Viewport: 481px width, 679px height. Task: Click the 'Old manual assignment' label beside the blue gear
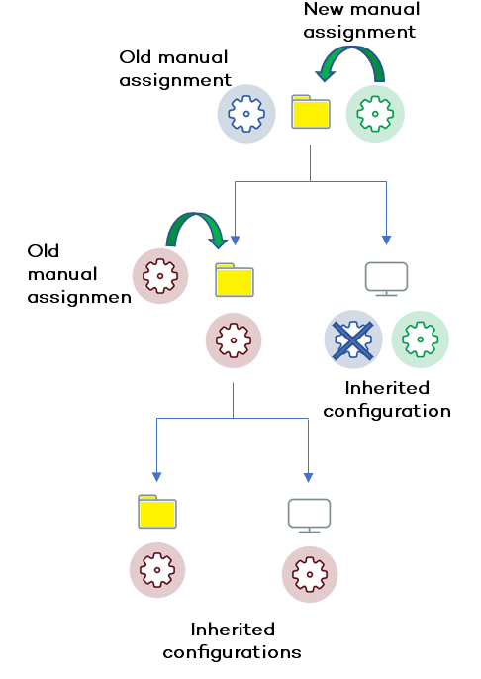pos(174,69)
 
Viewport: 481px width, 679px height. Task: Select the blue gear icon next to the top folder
pos(246,114)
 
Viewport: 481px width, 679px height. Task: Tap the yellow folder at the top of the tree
pos(311,113)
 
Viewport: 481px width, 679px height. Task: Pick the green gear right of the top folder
pos(375,114)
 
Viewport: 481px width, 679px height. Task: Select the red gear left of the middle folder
pos(160,274)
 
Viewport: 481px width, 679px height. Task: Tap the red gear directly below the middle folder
pos(234,341)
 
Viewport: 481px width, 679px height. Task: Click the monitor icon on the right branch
pos(386,278)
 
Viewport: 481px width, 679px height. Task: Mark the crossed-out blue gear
pos(353,339)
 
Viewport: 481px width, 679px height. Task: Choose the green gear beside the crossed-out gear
pos(420,339)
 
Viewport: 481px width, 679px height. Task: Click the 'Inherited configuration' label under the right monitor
pos(386,399)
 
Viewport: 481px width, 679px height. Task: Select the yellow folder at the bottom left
pos(157,511)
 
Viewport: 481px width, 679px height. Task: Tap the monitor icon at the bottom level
pos(310,515)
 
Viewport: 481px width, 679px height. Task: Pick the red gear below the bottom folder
pos(158,572)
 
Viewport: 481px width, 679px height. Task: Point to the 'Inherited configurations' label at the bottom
pos(233,640)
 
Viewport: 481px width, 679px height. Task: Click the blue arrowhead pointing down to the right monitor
pos(386,241)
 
